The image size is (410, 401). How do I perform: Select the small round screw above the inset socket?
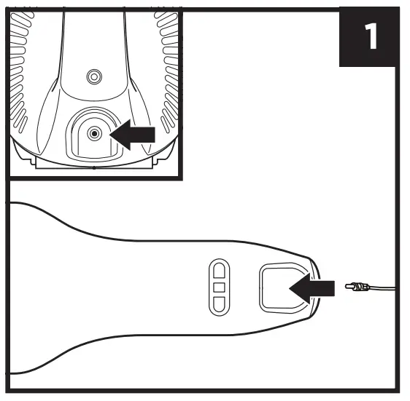pyautogui.click(x=93, y=76)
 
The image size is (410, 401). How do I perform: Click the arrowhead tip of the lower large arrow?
pyautogui.click(x=291, y=287)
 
